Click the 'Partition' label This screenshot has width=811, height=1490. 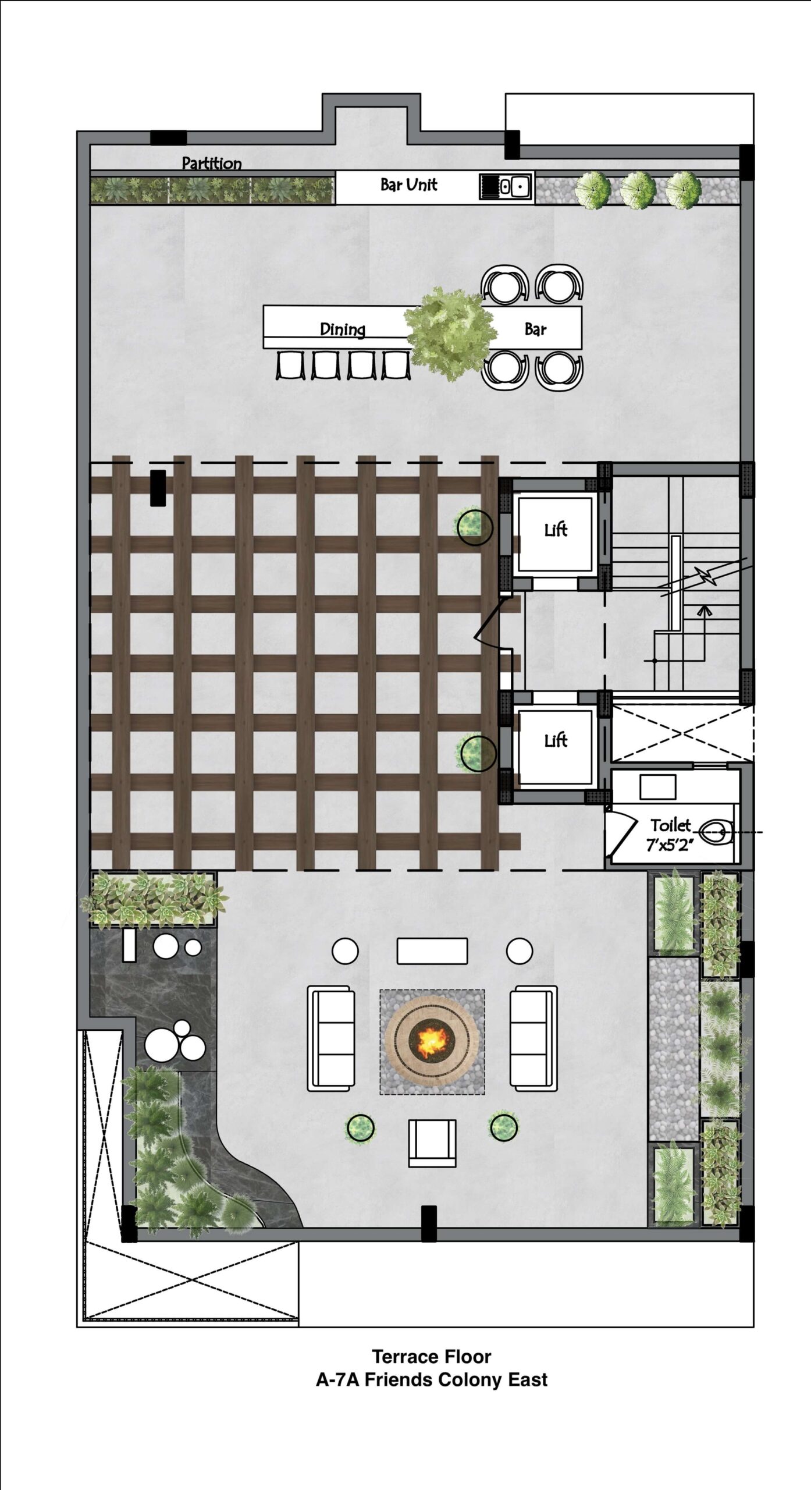212,163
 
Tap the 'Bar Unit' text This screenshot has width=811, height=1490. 408,185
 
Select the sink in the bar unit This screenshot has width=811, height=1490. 506,187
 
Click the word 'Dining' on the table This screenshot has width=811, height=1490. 343,329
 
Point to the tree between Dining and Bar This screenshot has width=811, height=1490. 451,334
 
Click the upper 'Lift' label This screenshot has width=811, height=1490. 556,530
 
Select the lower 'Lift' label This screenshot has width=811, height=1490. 556,740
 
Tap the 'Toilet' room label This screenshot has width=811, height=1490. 671,825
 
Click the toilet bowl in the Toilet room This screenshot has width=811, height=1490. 716,832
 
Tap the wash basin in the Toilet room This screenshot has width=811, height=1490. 657,787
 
